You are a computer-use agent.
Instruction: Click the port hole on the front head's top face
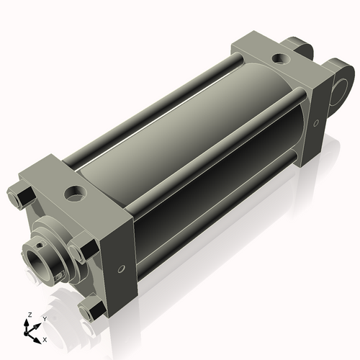[x=74, y=192]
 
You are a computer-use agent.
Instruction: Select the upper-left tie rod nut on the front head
[x=19, y=195]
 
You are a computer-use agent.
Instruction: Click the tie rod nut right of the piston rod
[x=79, y=253]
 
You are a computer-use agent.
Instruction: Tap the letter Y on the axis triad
[x=44, y=318]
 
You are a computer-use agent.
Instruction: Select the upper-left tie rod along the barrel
[x=144, y=108]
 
